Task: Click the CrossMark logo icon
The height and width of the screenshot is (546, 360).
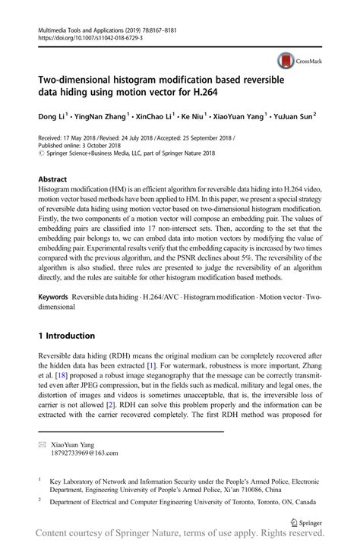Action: (x=286, y=60)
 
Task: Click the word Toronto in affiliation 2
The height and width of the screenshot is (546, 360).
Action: (x=227, y=500)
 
